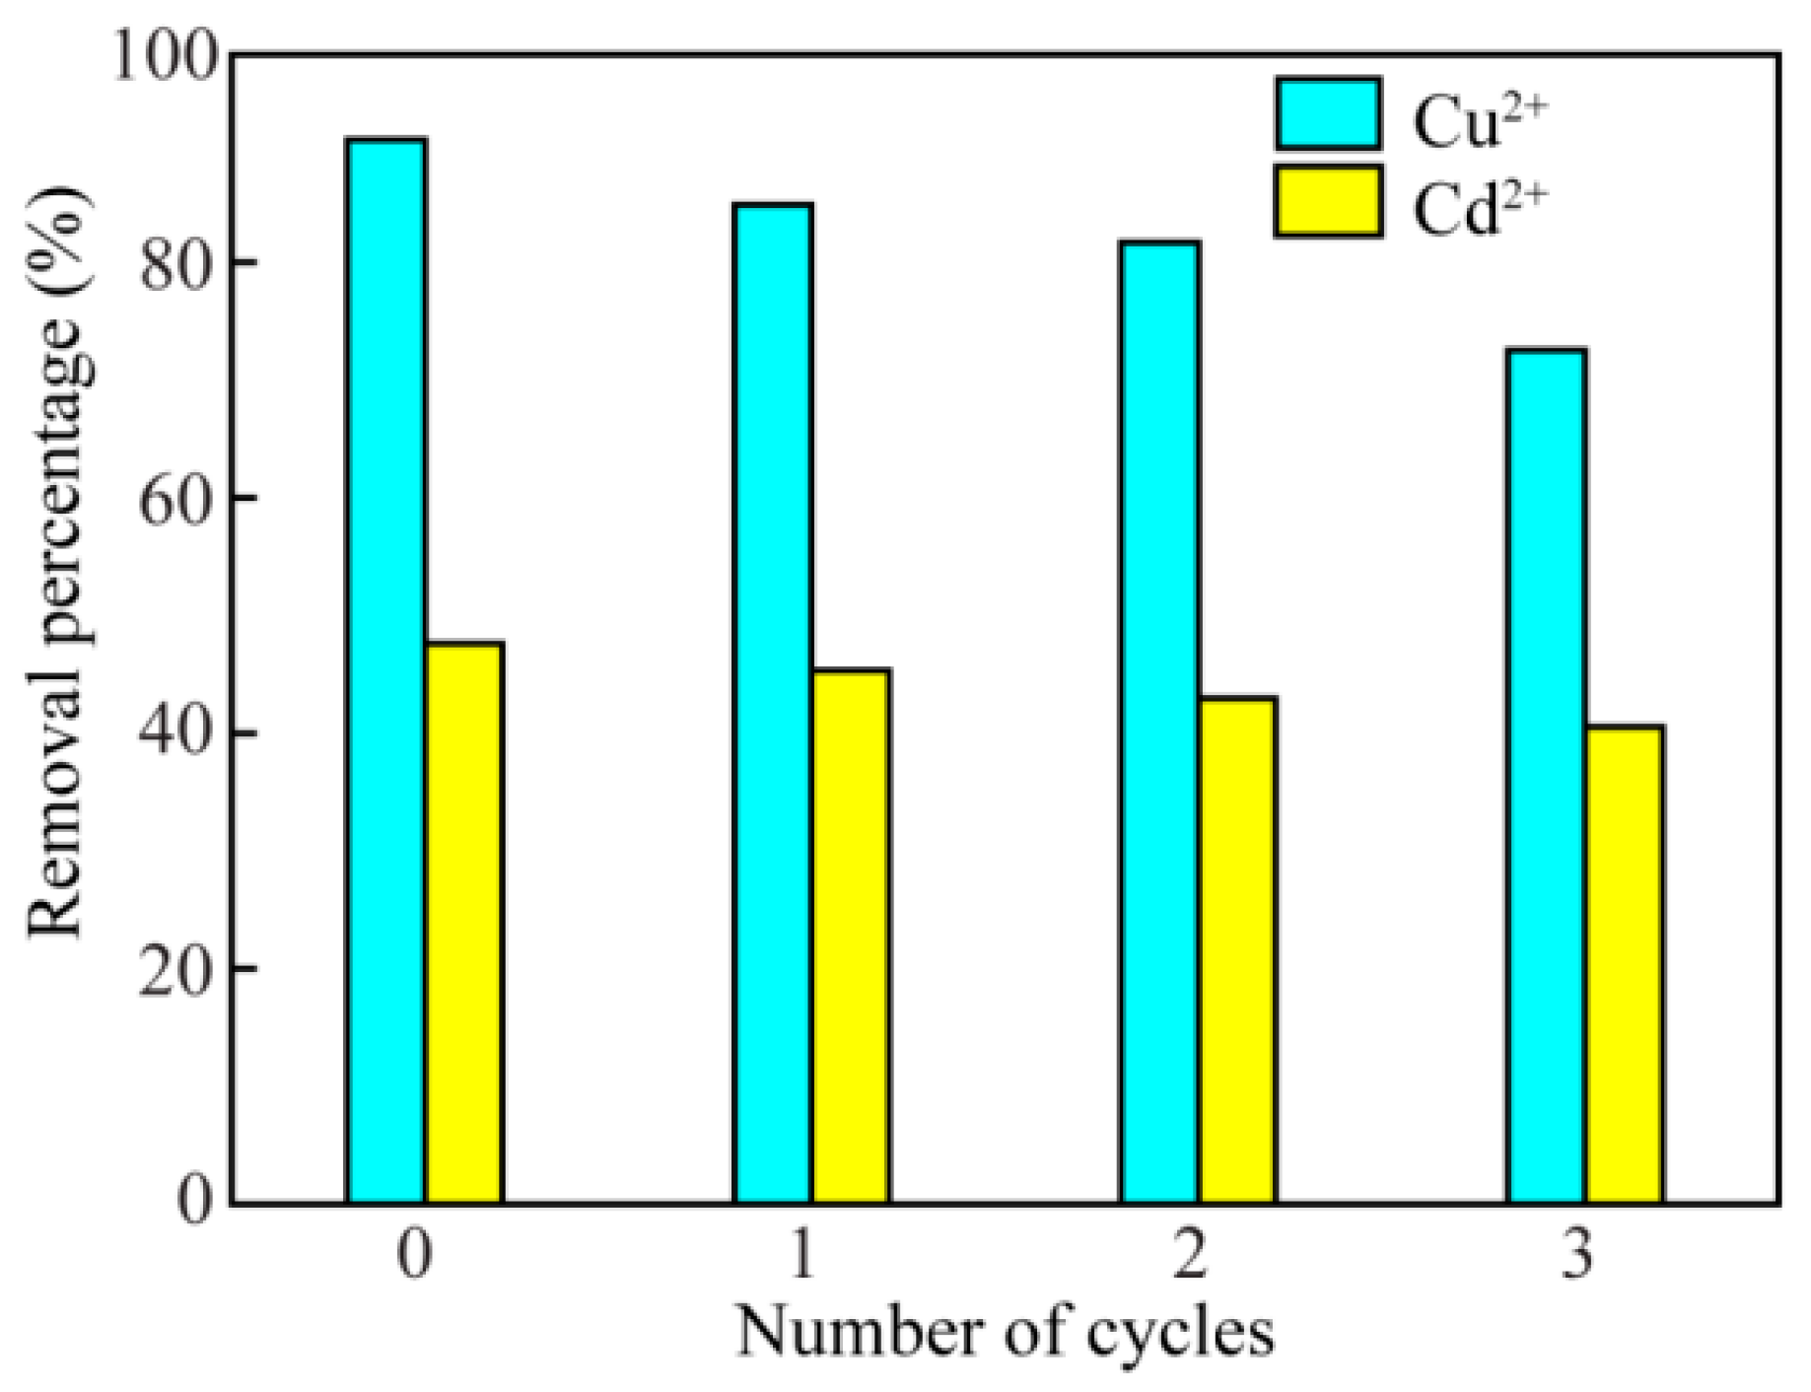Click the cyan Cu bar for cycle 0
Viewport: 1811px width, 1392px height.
[386, 670]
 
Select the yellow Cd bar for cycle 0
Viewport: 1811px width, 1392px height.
[464, 922]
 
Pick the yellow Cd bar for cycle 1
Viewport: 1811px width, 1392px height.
[851, 936]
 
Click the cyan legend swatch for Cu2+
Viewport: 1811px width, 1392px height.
[1328, 114]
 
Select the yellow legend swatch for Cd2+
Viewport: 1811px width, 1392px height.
[1328, 201]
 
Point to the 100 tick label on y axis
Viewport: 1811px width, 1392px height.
[164, 54]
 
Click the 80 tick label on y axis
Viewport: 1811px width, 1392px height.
[177, 264]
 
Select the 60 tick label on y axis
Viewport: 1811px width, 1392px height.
[177, 499]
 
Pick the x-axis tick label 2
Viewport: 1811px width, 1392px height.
[1189, 1255]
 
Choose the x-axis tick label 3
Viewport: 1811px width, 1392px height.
[1577, 1255]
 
